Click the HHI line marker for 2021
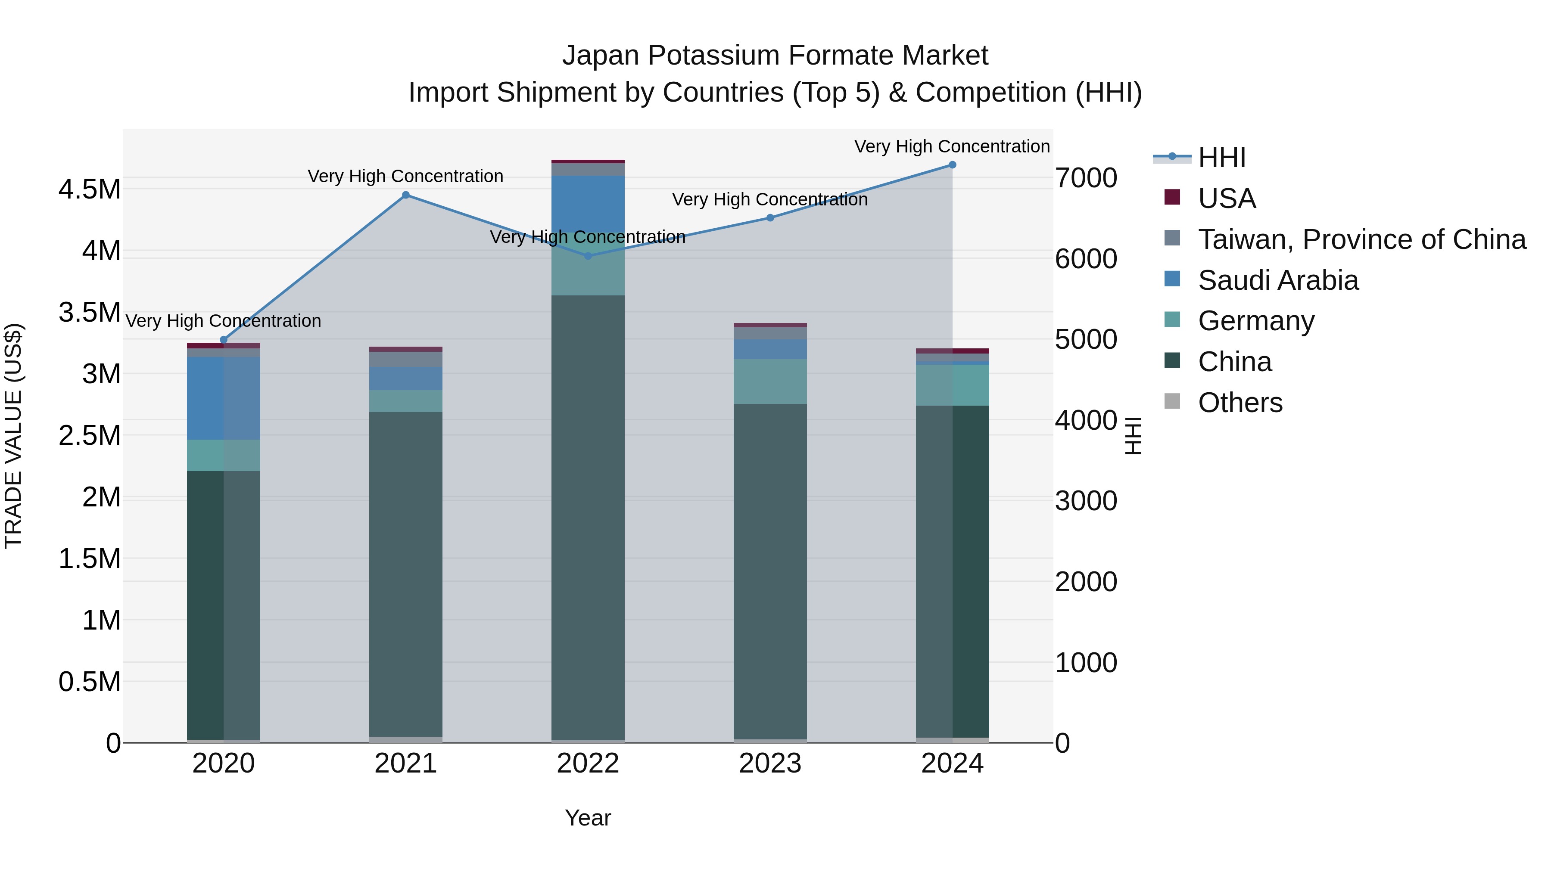click(x=406, y=195)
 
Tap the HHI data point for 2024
click(x=952, y=165)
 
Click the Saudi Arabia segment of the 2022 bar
click(x=588, y=203)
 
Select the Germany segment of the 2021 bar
click(x=406, y=401)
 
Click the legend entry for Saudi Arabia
click(x=1278, y=280)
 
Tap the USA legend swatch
click(x=1172, y=197)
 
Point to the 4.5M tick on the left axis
click(x=90, y=189)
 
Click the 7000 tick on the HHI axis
click(x=1086, y=178)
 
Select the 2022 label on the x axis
click(x=588, y=763)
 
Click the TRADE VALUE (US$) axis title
click(x=14, y=436)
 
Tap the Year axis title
click(x=588, y=818)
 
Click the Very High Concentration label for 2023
click(x=769, y=199)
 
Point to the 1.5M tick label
click(x=90, y=559)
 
